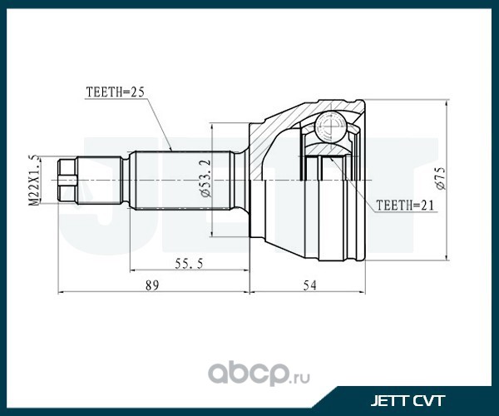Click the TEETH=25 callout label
116,92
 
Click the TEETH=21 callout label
405,206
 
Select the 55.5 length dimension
189,264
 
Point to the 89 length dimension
152,285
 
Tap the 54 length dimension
309,285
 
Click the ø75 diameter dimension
442,179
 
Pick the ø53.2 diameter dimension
206,179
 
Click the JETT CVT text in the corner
408,401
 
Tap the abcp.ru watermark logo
259,374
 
